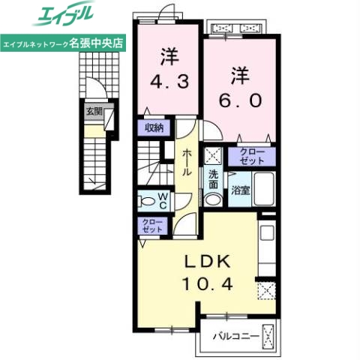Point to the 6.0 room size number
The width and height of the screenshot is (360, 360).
239,97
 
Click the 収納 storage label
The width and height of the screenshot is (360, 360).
154,128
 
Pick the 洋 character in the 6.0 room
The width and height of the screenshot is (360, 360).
239,75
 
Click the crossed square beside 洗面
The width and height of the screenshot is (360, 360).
214,157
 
